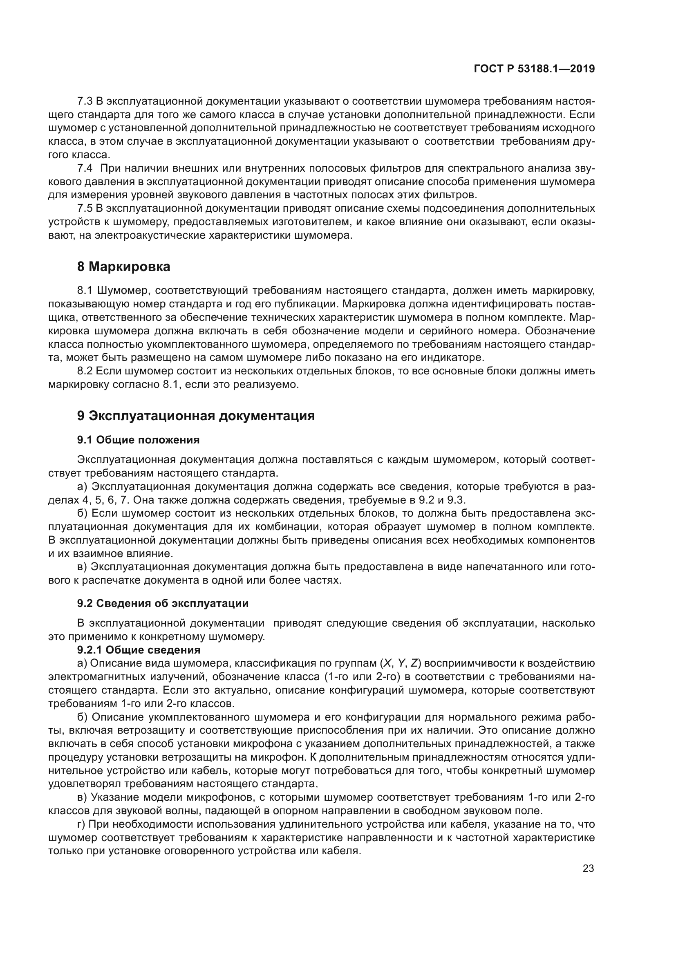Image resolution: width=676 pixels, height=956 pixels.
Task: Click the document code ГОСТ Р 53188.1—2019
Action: tap(534, 69)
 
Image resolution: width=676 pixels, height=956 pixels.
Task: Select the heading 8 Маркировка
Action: tap(123, 266)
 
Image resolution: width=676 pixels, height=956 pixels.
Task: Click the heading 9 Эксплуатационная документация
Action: tap(196, 416)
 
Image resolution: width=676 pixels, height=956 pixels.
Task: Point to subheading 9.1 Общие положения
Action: tap(138, 440)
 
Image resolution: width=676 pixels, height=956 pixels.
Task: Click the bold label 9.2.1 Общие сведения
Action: tap(139, 650)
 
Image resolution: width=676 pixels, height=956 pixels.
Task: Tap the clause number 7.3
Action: tap(85, 101)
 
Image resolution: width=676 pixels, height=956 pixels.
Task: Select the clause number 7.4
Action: tap(85, 168)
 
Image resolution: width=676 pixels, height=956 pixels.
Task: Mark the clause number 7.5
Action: tap(85, 208)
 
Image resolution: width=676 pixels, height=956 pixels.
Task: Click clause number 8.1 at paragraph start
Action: tap(85, 290)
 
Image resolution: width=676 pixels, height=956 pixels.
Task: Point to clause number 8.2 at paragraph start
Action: tap(85, 371)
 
